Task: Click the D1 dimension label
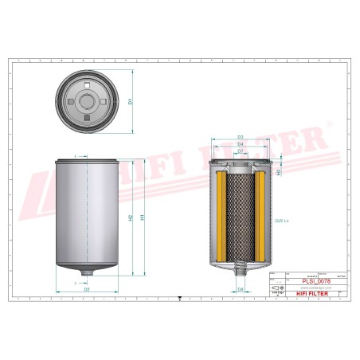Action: click(130, 100)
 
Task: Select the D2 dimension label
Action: click(86, 289)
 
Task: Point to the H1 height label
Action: click(143, 217)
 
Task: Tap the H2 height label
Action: click(130, 217)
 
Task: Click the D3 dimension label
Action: click(240, 136)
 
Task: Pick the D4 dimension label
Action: click(240, 143)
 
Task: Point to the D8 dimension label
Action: click(240, 289)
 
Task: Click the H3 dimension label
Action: click(278, 170)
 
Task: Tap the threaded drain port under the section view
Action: click(240, 274)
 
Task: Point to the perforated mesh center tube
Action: click(240, 215)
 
